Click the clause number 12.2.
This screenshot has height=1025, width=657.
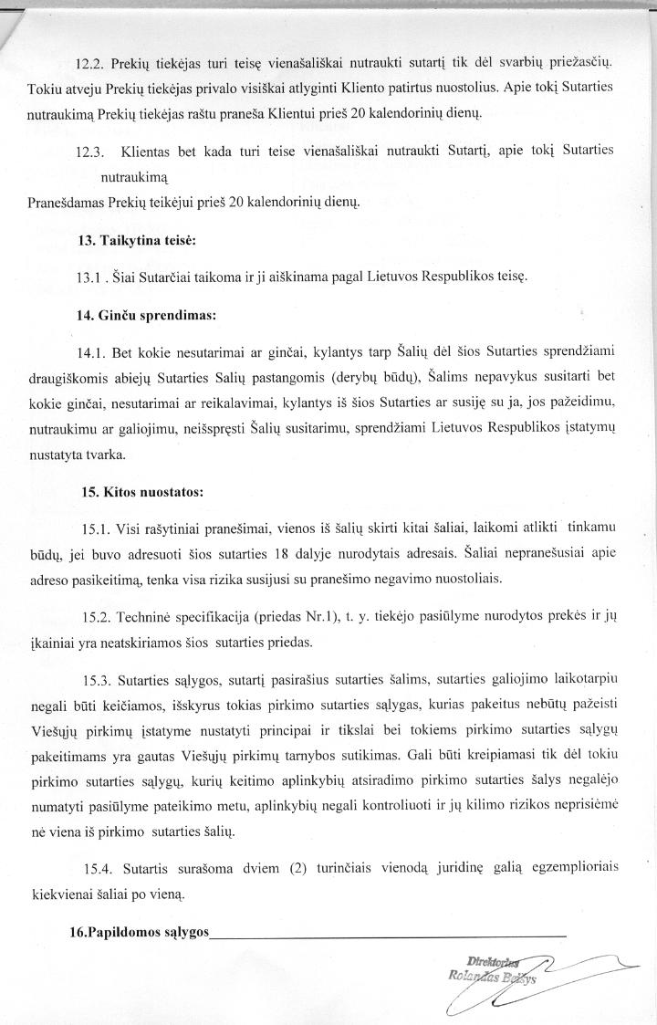[x=89, y=61]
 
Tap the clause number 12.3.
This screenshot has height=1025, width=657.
[x=90, y=151]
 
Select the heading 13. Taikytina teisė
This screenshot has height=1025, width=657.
[x=138, y=241]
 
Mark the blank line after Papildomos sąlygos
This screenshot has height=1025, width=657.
[x=388, y=937]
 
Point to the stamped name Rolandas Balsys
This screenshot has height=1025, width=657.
[x=483, y=977]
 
